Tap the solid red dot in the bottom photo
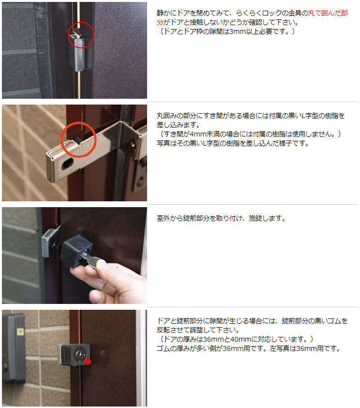(88, 361)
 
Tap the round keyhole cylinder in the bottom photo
(78, 354)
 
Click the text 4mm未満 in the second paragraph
(203, 134)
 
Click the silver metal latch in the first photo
(79, 53)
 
